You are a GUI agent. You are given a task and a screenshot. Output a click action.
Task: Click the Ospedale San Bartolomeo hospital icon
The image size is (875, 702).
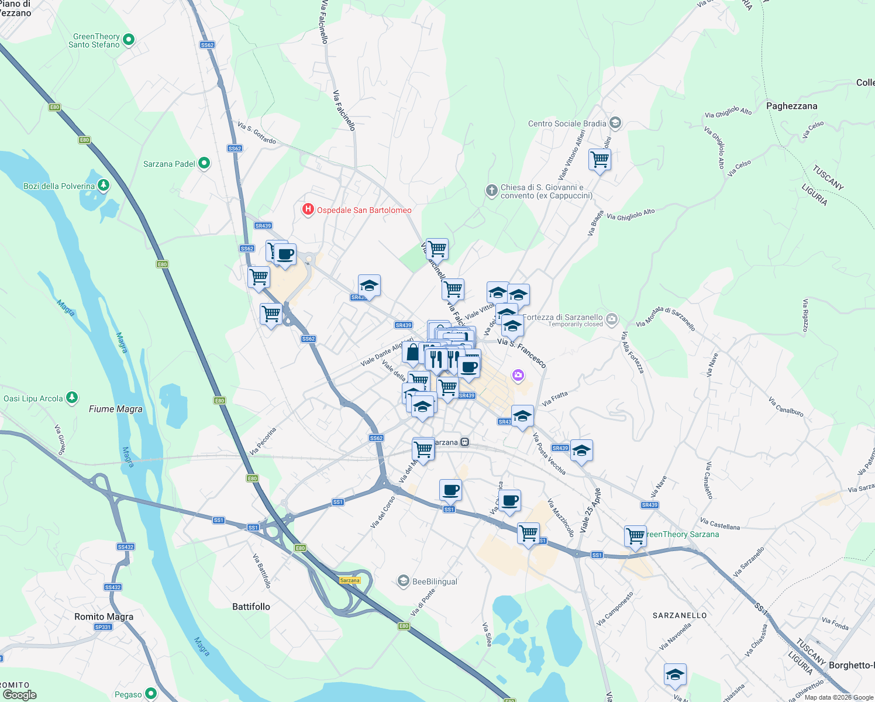pyautogui.click(x=308, y=209)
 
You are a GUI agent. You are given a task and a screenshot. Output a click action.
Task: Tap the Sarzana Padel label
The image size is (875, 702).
pyautogui.click(x=169, y=164)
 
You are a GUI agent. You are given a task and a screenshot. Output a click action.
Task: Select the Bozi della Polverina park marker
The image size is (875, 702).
pyautogui.click(x=104, y=185)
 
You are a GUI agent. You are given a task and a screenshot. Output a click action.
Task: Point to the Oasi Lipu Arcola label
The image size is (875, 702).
pyautogui.click(x=33, y=398)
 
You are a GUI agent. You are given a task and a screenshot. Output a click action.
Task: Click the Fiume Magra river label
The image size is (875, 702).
pyautogui.click(x=116, y=409)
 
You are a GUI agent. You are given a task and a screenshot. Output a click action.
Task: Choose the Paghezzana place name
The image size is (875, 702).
pyautogui.click(x=791, y=106)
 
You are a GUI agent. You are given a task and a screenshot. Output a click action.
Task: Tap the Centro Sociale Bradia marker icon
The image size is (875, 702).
pyautogui.click(x=615, y=123)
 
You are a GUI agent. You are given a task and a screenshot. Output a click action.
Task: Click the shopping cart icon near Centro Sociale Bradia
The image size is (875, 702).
pyautogui.click(x=600, y=159)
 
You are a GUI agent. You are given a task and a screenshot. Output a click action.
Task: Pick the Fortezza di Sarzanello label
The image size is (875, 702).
pyautogui.click(x=562, y=317)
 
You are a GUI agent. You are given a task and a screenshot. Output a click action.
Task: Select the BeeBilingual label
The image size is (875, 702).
pyautogui.click(x=435, y=581)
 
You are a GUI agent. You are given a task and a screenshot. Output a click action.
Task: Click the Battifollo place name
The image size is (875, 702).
pyautogui.click(x=251, y=607)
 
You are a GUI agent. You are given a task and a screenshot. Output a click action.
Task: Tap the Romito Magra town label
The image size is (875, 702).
pyautogui.click(x=104, y=617)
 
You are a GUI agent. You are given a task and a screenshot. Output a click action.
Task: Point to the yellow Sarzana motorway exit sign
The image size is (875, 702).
pyautogui.click(x=350, y=580)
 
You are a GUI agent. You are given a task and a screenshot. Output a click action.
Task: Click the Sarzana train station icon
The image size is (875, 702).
pyautogui.click(x=464, y=442)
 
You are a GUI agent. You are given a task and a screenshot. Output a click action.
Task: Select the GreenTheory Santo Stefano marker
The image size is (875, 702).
pyautogui.click(x=129, y=40)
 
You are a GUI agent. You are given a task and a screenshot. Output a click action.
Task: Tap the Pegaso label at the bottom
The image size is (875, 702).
pyautogui.click(x=128, y=694)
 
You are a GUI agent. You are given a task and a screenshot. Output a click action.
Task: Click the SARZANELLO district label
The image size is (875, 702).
pyautogui.click(x=679, y=615)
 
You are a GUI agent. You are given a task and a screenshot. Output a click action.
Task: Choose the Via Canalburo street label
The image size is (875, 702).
pyautogui.click(x=786, y=407)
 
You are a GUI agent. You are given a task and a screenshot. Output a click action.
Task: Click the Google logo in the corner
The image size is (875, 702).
pyautogui.click(x=19, y=694)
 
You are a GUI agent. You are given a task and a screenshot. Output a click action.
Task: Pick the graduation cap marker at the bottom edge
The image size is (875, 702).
pyautogui.click(x=675, y=675)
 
